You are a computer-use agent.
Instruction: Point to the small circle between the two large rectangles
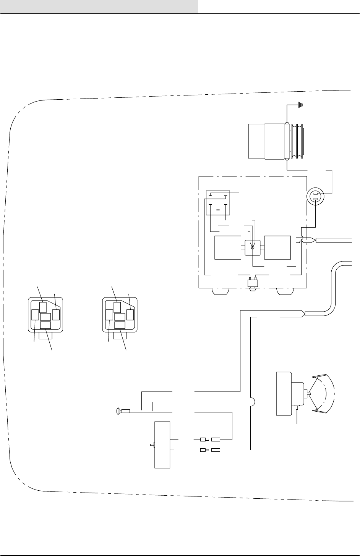coord(252,248)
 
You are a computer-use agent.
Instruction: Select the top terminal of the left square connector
coord(43,307)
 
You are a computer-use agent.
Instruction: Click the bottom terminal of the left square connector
coord(45,325)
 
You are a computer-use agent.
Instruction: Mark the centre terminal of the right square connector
coord(120,317)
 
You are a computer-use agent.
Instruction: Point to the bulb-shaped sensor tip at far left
coord(119,411)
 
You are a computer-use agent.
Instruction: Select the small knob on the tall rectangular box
coord(152,444)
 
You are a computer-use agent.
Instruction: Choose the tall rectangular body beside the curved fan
coord(284,393)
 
